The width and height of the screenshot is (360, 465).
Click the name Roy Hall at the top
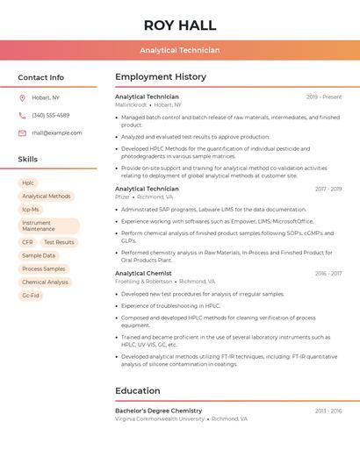pos(179,25)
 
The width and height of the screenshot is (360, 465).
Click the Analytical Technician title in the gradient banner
pos(179,50)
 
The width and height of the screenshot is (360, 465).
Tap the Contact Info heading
pos(41,77)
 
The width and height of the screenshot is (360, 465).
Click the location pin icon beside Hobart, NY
pos(22,97)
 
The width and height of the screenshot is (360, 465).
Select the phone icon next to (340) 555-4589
pos(22,115)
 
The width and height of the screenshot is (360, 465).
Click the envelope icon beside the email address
pos(22,133)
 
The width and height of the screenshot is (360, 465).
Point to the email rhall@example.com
pos(57,133)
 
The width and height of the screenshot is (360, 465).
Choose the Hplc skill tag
pos(28,182)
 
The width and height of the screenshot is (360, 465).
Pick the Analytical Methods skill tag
pos(47,197)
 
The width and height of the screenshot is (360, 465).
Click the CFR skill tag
pos(27,242)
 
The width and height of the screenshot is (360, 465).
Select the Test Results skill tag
pos(59,242)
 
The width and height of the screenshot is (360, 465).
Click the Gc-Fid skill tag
pos(31,296)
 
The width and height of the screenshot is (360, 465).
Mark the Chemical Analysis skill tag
pos(45,283)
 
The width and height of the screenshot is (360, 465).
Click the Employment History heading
pos(161,77)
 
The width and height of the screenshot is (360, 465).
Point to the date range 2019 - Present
pos(324,97)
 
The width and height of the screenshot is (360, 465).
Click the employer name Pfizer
pos(122,197)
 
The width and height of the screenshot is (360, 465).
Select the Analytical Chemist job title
pos(143,273)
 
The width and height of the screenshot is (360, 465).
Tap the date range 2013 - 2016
pos(328,411)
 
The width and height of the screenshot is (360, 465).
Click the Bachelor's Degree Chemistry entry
pos(158,411)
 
